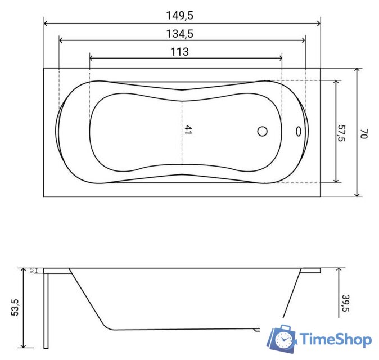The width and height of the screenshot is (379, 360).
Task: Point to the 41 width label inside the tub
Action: click(x=188, y=129)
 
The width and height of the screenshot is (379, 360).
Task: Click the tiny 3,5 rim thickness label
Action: click(x=32, y=271)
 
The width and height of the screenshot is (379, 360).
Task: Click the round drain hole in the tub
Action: click(x=262, y=132)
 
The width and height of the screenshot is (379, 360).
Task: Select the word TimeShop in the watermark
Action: click(x=335, y=340)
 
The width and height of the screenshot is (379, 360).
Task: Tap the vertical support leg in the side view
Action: click(x=47, y=309)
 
